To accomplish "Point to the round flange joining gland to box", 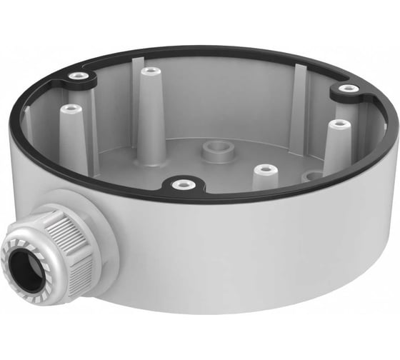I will click(100, 214).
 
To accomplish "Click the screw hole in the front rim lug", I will click(184, 184).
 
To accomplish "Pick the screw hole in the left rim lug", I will click(78, 76).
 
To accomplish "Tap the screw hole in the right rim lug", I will click(348, 89).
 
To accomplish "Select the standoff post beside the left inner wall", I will click(69, 109).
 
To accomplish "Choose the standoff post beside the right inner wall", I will click(339, 124).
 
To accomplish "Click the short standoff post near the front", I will click(265, 169).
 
